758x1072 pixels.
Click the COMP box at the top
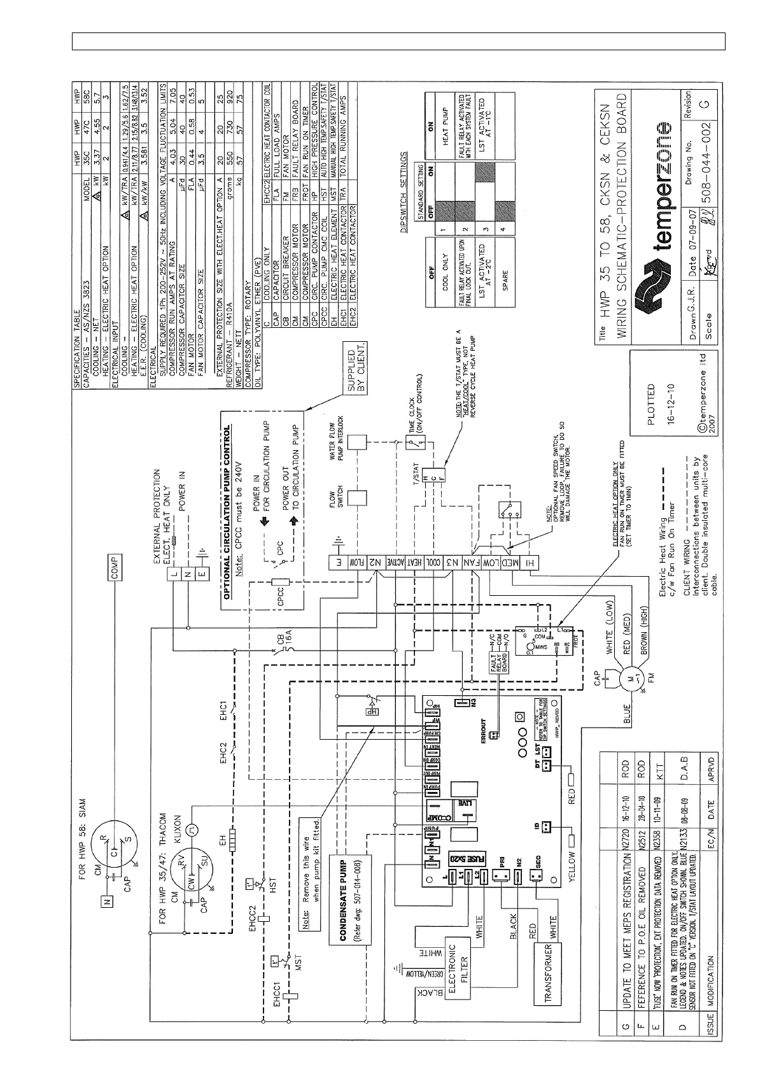point(115,564)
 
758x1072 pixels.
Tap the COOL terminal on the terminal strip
point(431,563)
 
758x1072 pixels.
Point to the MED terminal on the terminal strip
point(509,563)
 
